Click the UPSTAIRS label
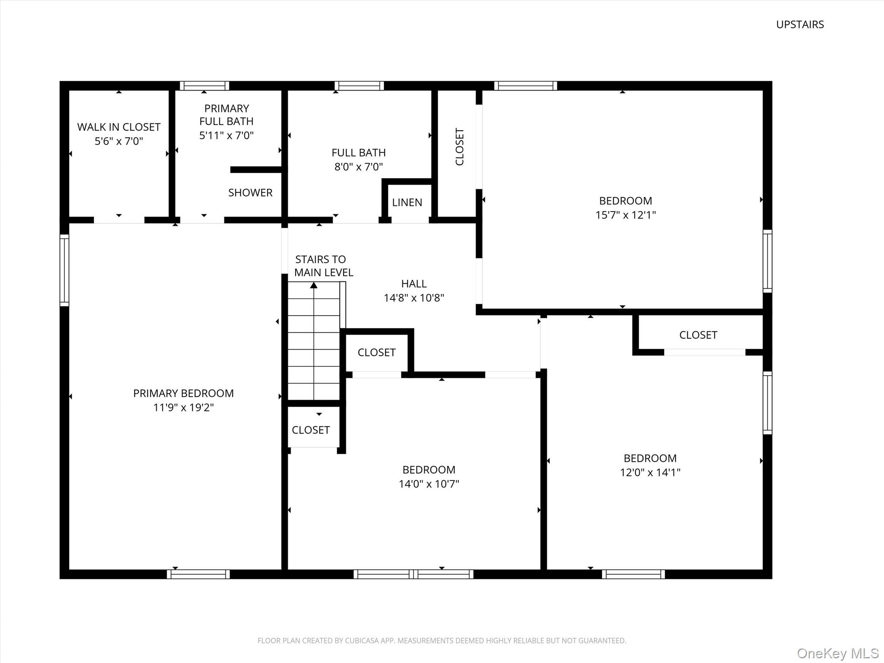coord(800,25)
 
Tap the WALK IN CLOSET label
coord(119,127)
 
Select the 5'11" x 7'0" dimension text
coord(226,136)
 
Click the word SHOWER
coord(250,193)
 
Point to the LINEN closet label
coord(407,202)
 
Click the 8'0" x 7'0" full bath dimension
coord(359,167)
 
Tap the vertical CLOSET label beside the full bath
coord(459,147)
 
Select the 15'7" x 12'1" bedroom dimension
coord(625,215)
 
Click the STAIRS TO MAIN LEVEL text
coord(323,266)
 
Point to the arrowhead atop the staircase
coord(314,285)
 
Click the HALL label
coord(414,284)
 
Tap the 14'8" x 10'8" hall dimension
coord(414,298)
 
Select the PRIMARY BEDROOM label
coord(183,393)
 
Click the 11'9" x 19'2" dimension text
coord(183,407)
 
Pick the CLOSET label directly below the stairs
coord(310,430)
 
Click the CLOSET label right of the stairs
coord(376,353)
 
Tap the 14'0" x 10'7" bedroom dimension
coord(429,484)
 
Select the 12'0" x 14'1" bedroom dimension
coord(650,472)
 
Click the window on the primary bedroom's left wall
coord(64,270)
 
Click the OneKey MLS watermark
coord(837,653)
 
